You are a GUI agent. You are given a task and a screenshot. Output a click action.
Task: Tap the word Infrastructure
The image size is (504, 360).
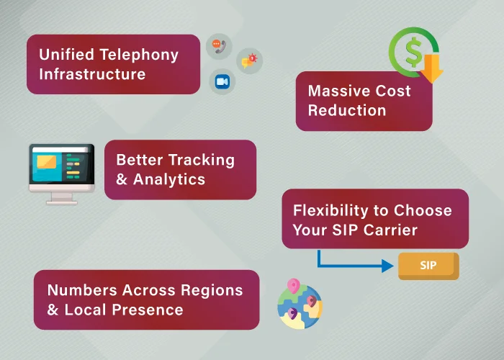point(92,74)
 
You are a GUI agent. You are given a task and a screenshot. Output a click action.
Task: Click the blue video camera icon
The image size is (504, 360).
point(222,82)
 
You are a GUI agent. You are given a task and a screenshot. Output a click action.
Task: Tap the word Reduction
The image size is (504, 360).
point(347,111)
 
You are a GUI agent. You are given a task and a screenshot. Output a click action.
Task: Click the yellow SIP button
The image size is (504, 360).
point(428,266)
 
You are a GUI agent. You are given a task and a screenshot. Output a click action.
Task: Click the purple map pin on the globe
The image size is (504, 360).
point(292,313)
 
